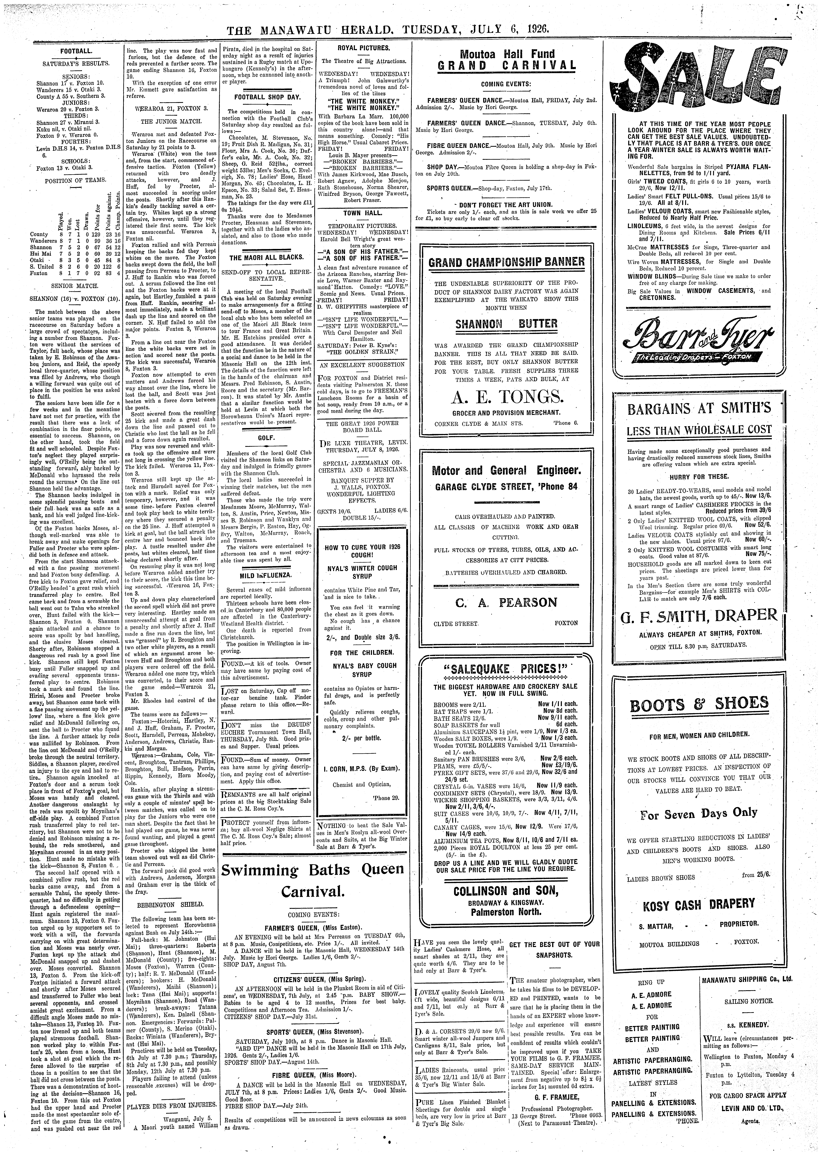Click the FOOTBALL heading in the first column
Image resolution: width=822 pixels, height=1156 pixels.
[x=76, y=52]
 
